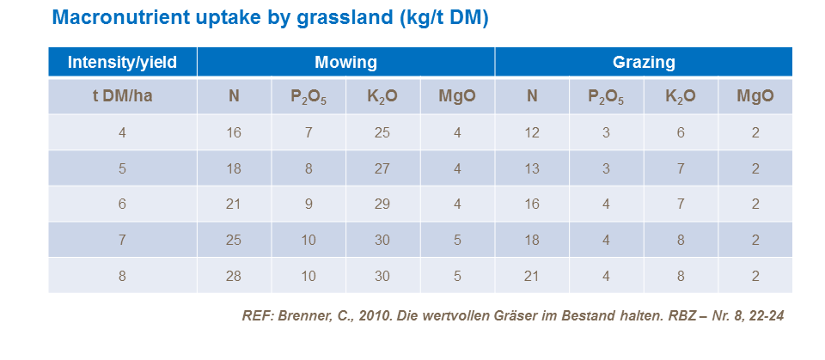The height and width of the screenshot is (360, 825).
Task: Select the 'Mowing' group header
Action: point(345,62)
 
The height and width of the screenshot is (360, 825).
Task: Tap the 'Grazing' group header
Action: point(643,62)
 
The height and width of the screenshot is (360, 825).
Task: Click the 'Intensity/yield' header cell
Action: point(122,62)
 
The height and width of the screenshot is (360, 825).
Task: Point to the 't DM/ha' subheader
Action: point(122,96)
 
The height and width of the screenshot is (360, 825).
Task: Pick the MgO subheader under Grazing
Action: point(755,96)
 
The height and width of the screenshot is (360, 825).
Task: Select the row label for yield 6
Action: point(122,204)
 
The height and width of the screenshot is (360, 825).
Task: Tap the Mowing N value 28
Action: point(234,276)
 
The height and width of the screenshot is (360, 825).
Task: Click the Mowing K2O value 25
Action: point(382,132)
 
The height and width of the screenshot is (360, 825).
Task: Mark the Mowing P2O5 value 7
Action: point(309,132)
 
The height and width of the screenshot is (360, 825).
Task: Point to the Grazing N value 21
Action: point(532,276)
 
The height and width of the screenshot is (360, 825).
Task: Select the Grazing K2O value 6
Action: point(680,132)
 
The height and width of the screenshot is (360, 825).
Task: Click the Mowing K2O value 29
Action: point(382,204)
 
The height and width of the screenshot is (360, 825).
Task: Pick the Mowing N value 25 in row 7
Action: point(234,240)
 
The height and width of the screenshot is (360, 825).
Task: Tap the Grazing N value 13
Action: point(532,168)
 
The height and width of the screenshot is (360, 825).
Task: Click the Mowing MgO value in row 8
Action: point(457,276)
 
